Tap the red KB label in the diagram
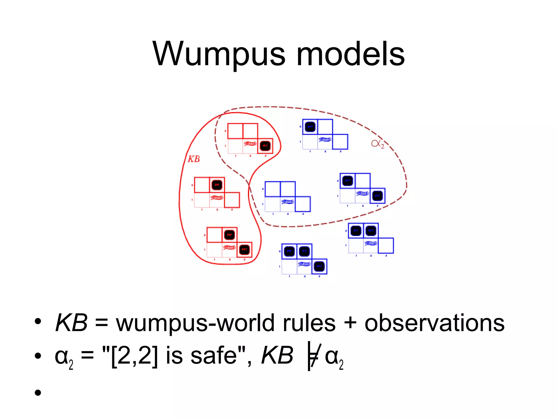194,159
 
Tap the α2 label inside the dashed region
377,143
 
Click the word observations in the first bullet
434,323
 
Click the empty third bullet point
38,392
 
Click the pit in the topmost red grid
265,146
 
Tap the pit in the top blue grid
310,127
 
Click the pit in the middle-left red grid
217,185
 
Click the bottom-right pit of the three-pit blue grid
319,266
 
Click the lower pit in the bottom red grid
244,250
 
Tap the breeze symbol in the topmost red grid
250,143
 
